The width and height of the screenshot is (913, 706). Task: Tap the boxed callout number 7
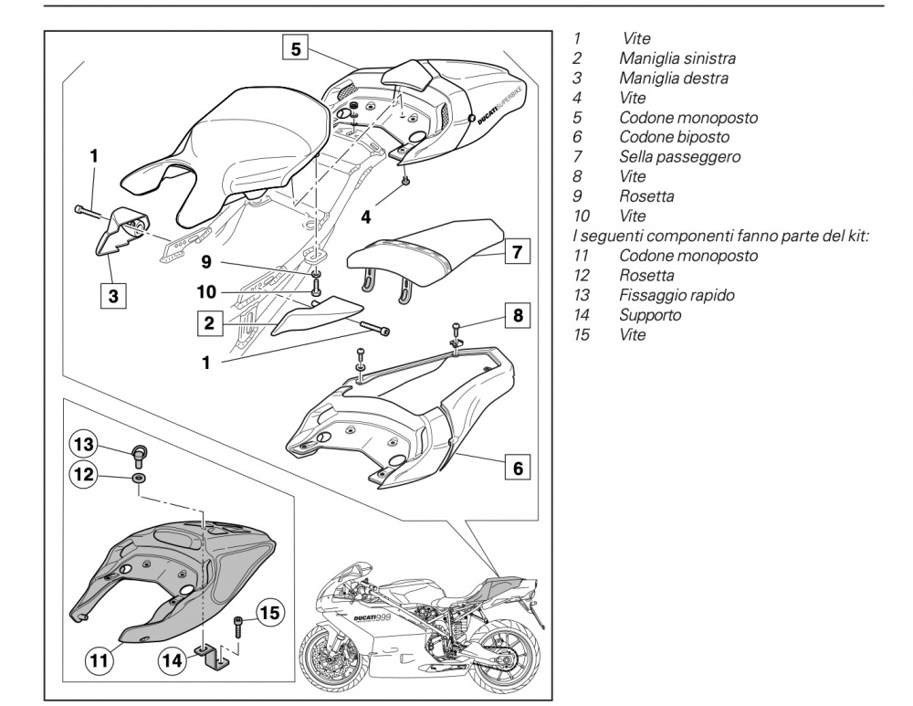(x=517, y=251)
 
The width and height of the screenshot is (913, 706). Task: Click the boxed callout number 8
(x=518, y=317)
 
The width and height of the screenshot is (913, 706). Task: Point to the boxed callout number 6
(x=517, y=468)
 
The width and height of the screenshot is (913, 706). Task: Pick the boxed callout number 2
(x=208, y=321)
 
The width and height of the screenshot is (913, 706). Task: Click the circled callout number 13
(x=84, y=445)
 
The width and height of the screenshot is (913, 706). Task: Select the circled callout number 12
(x=84, y=474)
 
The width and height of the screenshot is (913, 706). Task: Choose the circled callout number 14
(x=172, y=658)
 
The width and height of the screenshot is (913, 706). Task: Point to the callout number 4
(x=367, y=217)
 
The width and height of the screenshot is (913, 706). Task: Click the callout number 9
(x=206, y=261)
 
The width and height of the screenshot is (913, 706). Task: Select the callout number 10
(x=206, y=292)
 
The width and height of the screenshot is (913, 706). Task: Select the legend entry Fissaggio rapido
(x=677, y=296)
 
